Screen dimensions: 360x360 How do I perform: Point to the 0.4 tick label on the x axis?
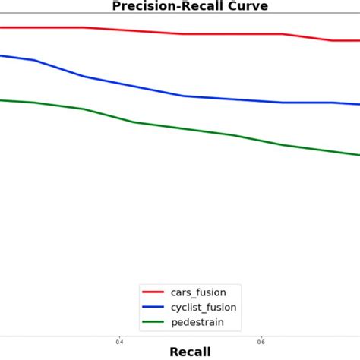click(x=119, y=341)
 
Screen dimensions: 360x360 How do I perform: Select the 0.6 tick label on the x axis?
click(x=261, y=341)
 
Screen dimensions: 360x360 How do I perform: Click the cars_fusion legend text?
click(x=198, y=292)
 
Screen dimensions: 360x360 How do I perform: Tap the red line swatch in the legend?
click(x=154, y=292)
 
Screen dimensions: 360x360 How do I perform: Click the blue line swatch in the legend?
click(x=154, y=308)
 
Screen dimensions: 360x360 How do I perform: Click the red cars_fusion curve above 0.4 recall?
click(x=119, y=30)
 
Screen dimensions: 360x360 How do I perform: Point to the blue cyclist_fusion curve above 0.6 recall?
click(x=261, y=102)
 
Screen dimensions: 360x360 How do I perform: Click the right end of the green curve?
click(x=358, y=155)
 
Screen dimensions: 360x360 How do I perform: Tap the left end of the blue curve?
click(x=2, y=55)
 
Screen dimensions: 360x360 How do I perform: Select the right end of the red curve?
click(x=358, y=41)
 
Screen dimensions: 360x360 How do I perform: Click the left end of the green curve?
click(x=2, y=100)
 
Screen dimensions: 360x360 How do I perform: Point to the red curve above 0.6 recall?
click(x=261, y=34)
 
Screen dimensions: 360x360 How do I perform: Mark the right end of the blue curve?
click(x=358, y=104)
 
